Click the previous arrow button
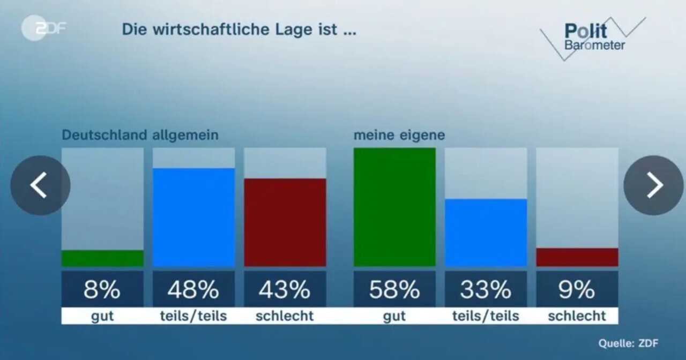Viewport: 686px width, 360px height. [40, 185]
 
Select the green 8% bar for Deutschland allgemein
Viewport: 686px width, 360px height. [102, 258]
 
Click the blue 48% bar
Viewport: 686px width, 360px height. [193, 217]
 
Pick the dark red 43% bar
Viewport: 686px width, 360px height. [285, 222]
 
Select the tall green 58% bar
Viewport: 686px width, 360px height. [394, 207]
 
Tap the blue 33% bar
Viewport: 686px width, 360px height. [486, 232]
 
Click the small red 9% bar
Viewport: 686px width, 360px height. [577, 257]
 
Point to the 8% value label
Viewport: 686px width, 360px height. [102, 290]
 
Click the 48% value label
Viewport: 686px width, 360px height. [193, 290]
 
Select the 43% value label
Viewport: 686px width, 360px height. [285, 290]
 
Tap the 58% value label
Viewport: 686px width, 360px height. [394, 290]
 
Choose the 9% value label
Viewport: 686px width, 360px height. [577, 290]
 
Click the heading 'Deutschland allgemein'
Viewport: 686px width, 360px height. [140, 135]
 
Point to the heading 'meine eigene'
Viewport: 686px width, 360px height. [399, 135]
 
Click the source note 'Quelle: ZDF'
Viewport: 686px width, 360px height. [628, 343]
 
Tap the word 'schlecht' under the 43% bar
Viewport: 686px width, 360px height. [285, 316]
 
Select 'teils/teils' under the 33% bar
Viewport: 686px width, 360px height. [486, 316]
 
